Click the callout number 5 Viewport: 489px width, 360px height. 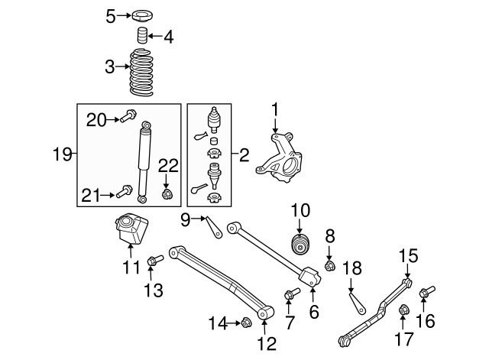[110, 15]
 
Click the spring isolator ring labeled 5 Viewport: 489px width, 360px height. [142, 15]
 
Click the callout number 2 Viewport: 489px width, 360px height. [244, 156]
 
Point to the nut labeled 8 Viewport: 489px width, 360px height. [330, 266]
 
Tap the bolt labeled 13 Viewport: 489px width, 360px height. [151, 262]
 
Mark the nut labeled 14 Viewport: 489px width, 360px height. [246, 323]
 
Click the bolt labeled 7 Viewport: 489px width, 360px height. [291, 294]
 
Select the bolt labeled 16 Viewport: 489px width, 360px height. [426, 291]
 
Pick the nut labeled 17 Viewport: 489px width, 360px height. [405, 310]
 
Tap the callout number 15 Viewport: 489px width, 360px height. [408, 256]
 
